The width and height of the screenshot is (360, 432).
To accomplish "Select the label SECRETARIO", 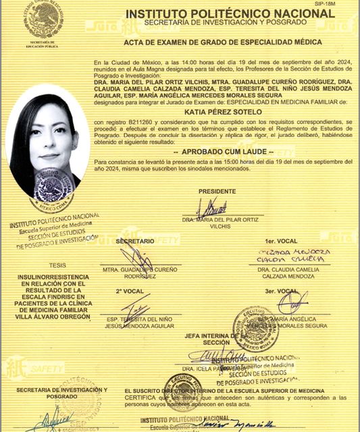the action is [135, 241].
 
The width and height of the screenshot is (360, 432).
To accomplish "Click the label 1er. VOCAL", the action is [278, 241].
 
